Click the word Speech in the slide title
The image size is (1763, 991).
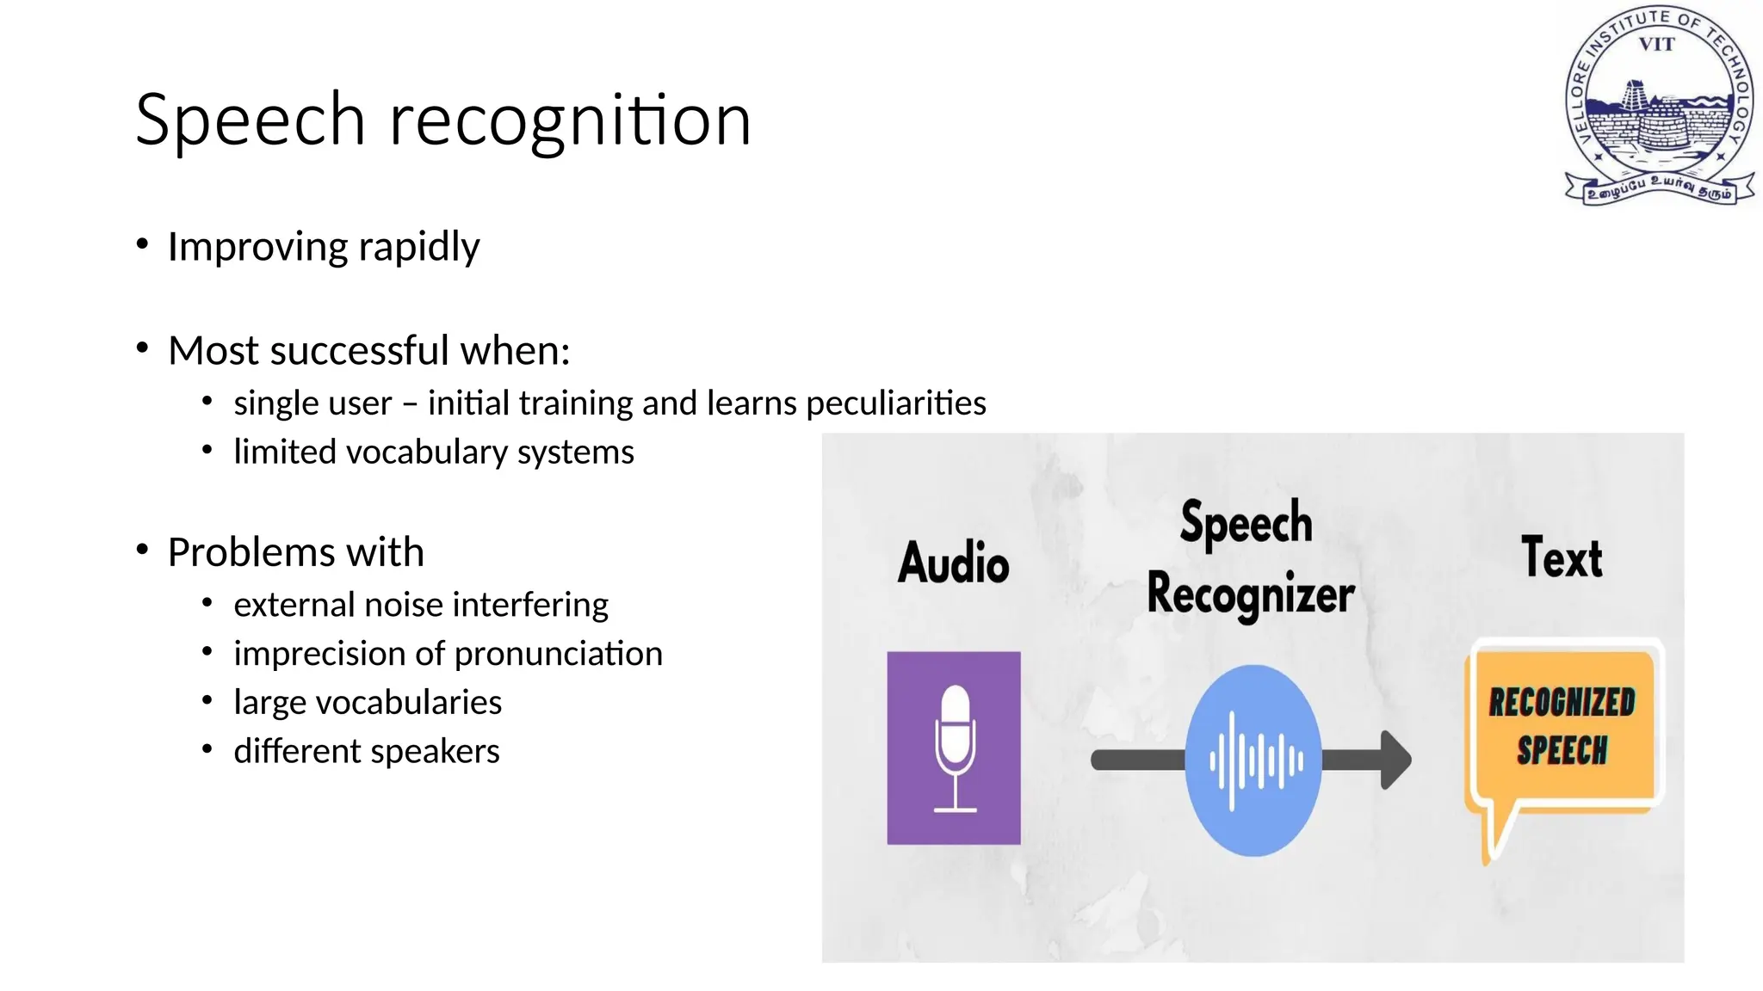point(251,120)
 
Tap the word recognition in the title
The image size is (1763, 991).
point(571,120)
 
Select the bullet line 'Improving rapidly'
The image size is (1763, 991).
point(323,247)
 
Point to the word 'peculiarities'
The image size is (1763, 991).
point(895,403)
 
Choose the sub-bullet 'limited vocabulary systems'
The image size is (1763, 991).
point(433,452)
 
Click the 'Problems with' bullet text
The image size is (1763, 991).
point(295,552)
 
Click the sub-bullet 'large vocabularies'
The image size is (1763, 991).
point(368,703)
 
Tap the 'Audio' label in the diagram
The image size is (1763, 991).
point(953,563)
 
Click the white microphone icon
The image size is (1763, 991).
point(955,747)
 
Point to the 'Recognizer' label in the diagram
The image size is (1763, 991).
point(1251,594)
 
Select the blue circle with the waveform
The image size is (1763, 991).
point(1253,760)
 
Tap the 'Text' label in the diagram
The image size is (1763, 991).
point(1562,557)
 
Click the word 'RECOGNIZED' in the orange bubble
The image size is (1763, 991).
point(1562,703)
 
